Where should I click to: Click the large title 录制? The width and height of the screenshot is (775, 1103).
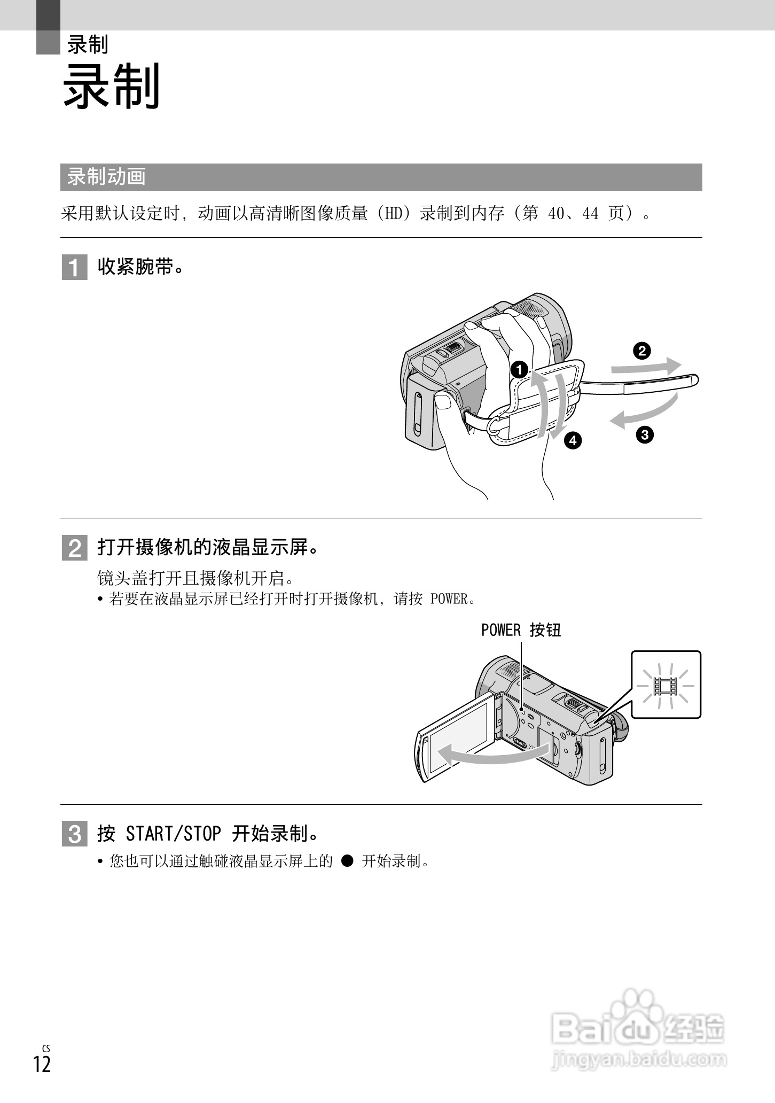111,87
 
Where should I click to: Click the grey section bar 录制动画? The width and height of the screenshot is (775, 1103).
381,177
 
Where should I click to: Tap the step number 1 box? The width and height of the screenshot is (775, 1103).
74,267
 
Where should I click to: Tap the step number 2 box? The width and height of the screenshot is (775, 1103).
74,548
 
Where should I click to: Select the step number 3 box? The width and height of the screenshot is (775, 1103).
74,834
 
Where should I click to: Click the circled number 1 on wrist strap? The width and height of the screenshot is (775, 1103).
519,369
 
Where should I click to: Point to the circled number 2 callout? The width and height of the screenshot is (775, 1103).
641,351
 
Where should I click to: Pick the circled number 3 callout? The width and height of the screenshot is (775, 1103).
645,434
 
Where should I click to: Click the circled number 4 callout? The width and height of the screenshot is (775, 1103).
573,440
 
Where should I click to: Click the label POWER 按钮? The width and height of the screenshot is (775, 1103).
521,631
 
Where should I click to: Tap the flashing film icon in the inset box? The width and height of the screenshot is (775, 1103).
666,686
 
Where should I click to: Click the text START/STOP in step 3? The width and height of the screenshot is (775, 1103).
173,834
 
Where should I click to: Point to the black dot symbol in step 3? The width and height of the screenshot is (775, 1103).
347,861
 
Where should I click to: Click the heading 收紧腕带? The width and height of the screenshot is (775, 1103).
141,267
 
